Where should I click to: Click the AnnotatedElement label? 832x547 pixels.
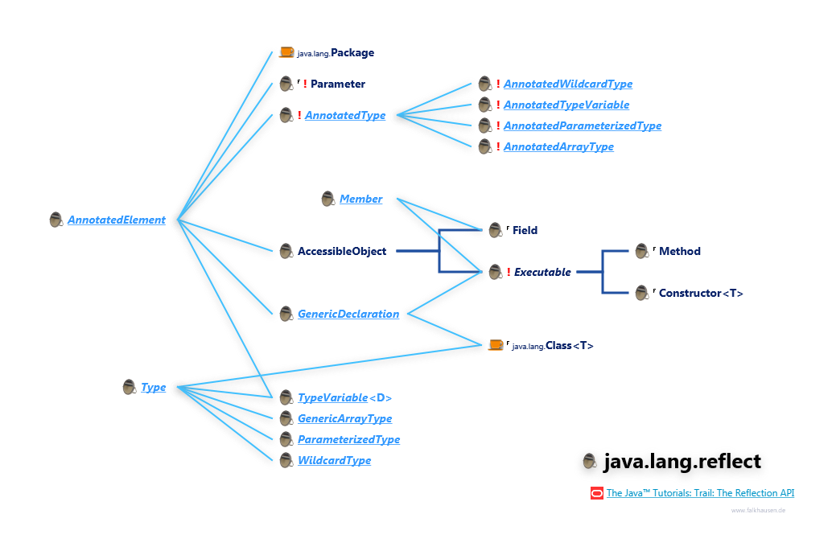[116, 220]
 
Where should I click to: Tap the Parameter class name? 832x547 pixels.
[337, 84]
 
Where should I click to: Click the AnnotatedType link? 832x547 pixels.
[344, 116]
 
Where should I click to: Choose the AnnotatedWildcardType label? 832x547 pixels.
[567, 84]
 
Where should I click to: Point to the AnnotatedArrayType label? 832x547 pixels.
[558, 146]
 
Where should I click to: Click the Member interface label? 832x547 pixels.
[360, 199]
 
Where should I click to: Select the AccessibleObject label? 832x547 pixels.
[342, 251]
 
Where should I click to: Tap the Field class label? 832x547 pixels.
[525, 230]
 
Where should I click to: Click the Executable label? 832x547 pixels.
[542, 272]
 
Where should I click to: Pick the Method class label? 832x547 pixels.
[679, 251]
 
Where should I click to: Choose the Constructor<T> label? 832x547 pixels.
[700, 293]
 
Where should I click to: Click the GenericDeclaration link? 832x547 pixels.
[348, 314]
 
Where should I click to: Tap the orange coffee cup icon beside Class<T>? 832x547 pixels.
[496, 344]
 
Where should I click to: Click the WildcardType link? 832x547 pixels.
[334, 461]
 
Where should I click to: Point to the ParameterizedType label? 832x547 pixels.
[348, 440]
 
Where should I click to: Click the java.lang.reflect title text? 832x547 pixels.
[682, 462]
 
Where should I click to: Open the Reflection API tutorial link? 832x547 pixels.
[700, 493]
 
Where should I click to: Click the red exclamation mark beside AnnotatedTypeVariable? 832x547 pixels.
[498, 105]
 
